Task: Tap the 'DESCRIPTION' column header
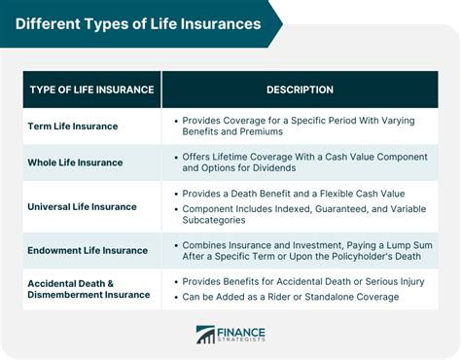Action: [x=301, y=90]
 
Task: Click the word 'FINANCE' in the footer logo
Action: [x=244, y=330]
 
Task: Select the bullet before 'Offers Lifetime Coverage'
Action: [x=175, y=155]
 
